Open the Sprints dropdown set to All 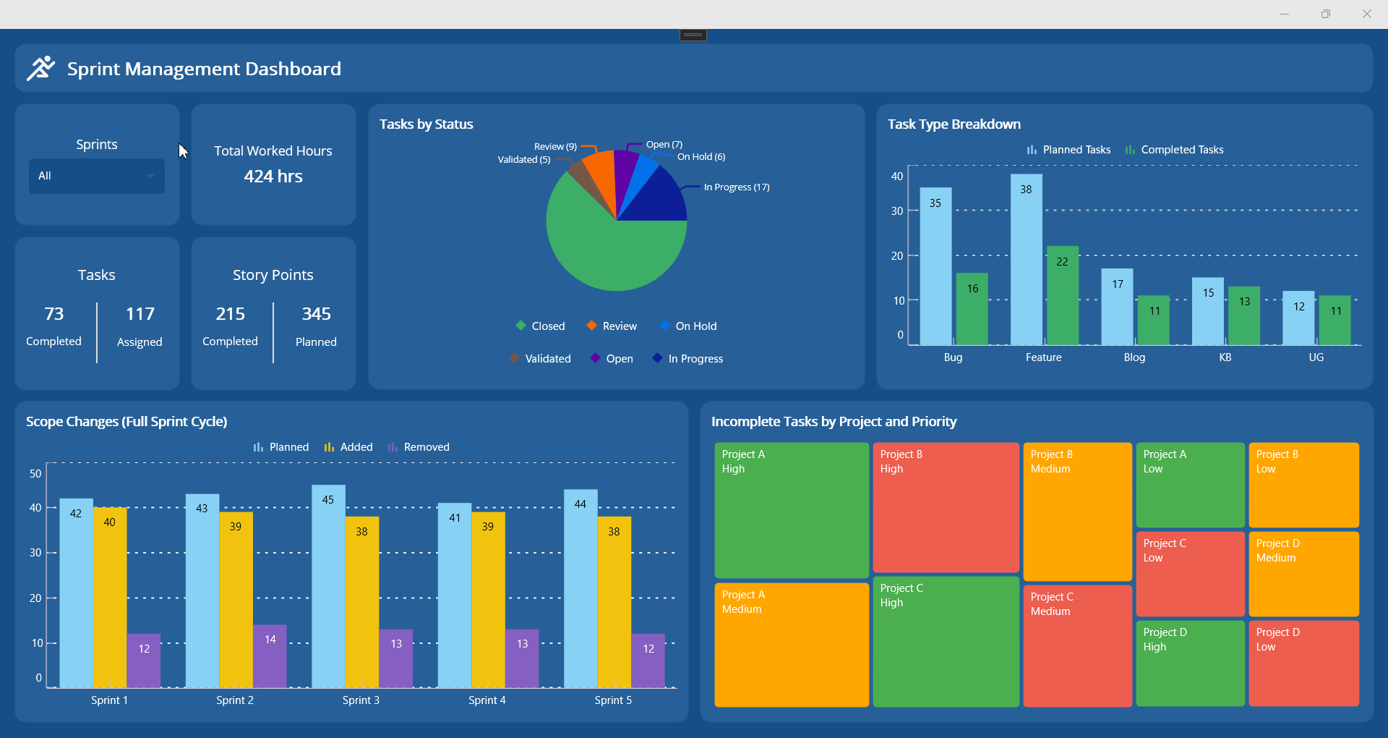click(96, 176)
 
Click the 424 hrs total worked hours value click(273, 177)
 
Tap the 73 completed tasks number click(54, 314)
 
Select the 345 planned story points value click(316, 314)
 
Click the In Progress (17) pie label click(736, 187)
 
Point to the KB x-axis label click(1225, 357)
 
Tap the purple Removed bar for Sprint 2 click(270, 657)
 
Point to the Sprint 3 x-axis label click(361, 700)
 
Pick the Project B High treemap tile click(946, 506)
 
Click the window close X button click(1366, 14)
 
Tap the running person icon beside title click(41, 69)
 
